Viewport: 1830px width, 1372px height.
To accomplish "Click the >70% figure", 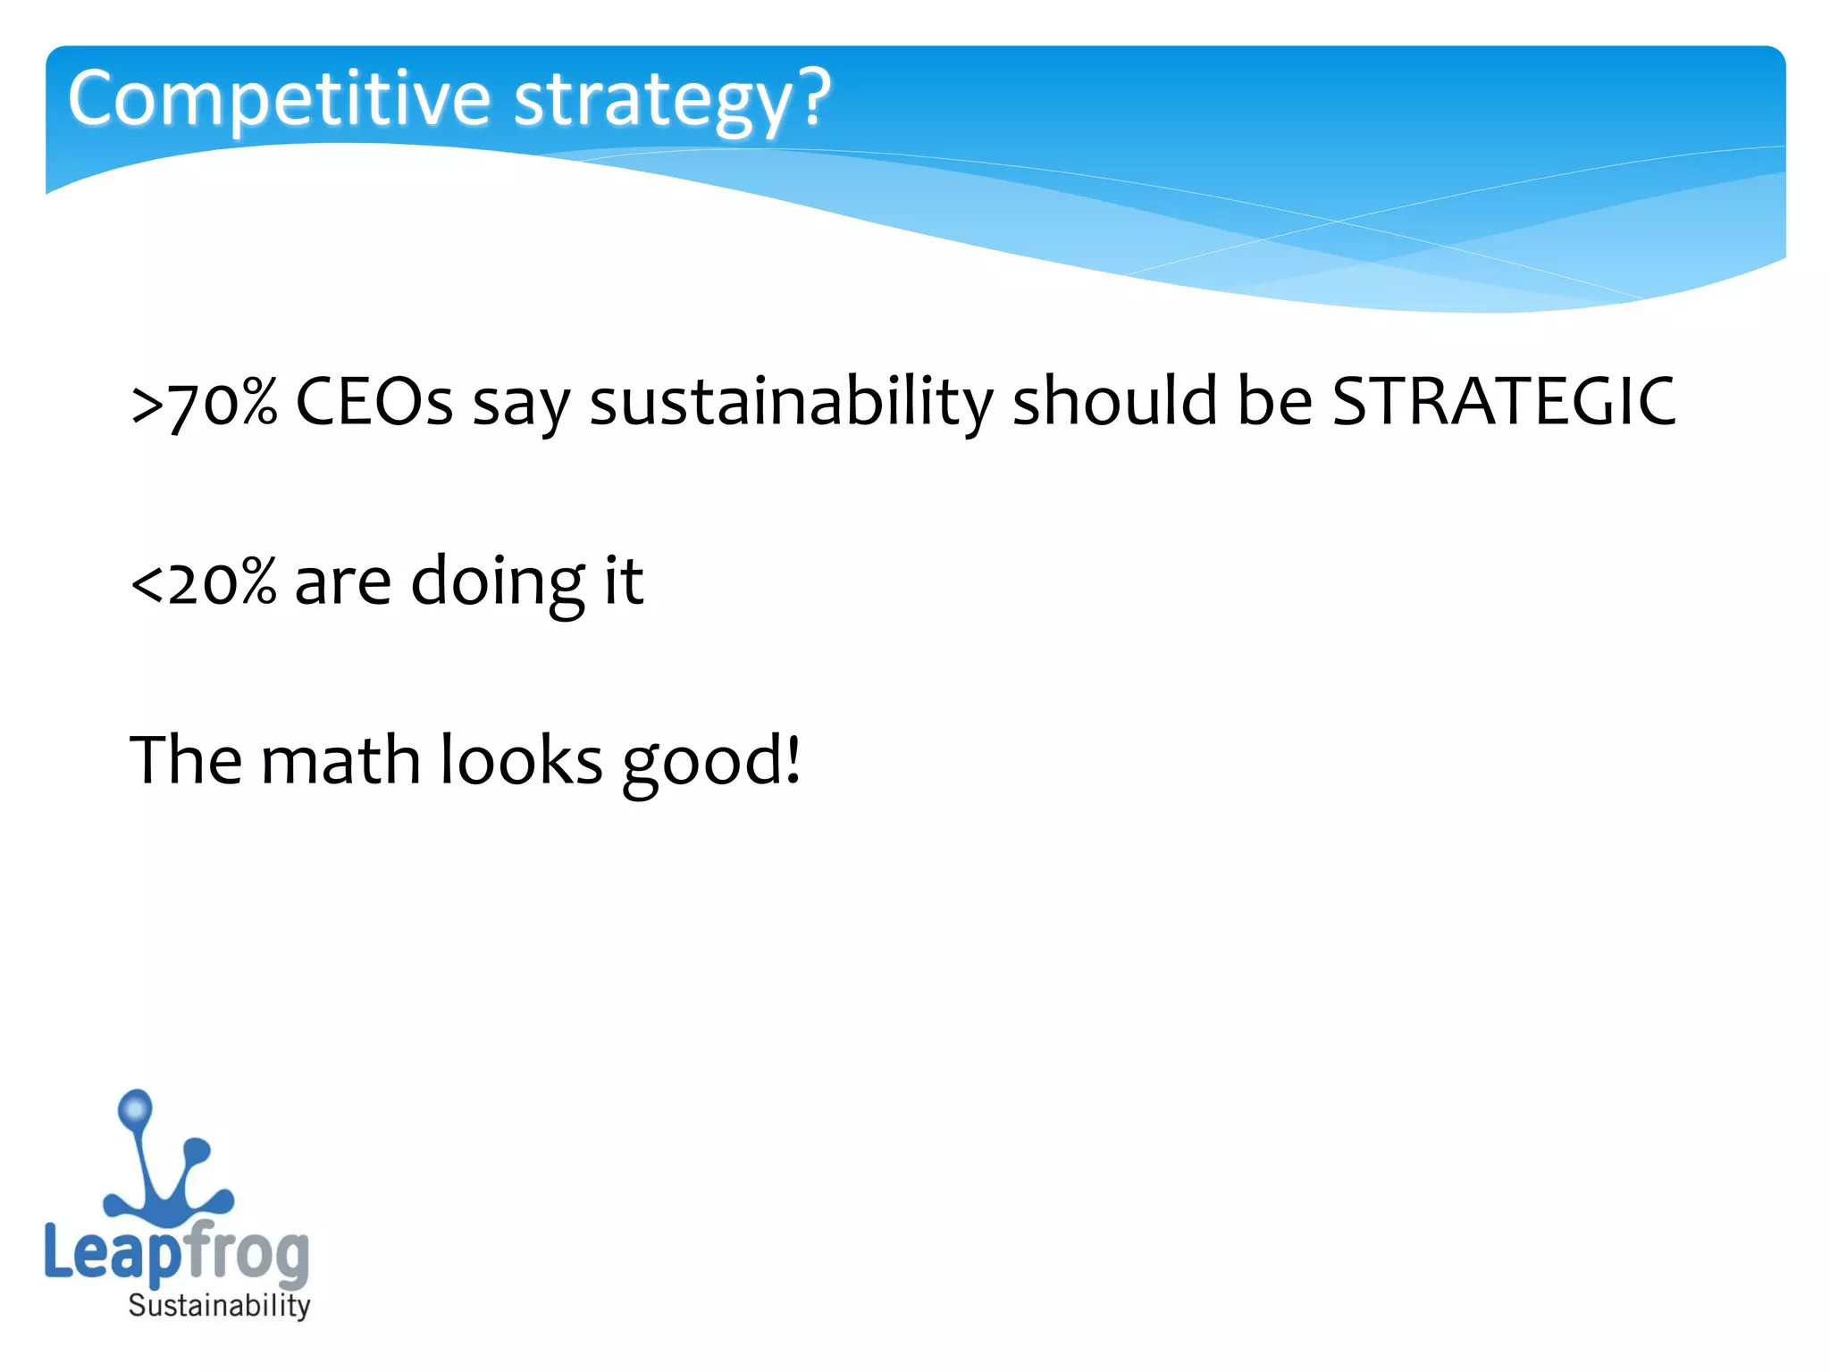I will pyautogui.click(x=204, y=402).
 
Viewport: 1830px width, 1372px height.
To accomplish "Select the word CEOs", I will pyautogui.click(x=374, y=401).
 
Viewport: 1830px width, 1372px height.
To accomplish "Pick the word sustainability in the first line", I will pyautogui.click(x=791, y=402).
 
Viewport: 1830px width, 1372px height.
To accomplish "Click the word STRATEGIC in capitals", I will pyautogui.click(x=1504, y=401).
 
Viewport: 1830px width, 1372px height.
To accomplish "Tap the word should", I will pyautogui.click(x=1114, y=401).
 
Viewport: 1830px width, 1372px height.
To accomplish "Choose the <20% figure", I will pyautogui.click(x=204, y=581).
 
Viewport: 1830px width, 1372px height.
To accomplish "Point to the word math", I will pyautogui.click(x=340, y=760).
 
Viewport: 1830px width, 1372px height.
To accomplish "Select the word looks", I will pyautogui.click(x=522, y=760).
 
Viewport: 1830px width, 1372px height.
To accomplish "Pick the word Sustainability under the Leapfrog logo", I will pyautogui.click(x=219, y=1306).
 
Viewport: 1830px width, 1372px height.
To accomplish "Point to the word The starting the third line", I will pyautogui.click(x=185, y=760).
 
